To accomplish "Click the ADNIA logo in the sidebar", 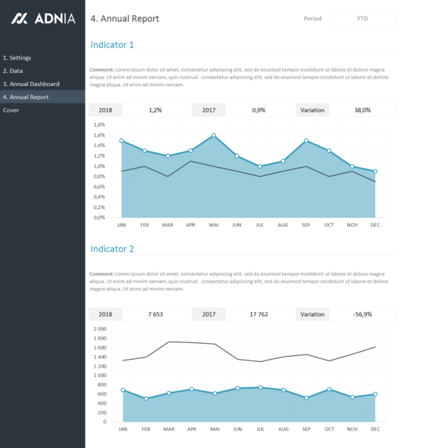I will (43, 18).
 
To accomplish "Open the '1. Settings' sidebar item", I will (17, 58).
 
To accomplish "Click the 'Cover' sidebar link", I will (11, 110).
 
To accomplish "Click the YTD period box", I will (362, 18).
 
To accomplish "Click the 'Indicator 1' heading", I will (112, 45).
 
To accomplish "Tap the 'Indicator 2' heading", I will (112, 249).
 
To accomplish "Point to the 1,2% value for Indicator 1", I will (156, 110).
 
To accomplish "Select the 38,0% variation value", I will (362, 110).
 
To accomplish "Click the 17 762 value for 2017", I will (258, 314).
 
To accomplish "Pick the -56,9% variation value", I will (362, 314).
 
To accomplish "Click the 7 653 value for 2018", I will (156, 314).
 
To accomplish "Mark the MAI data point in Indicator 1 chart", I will (213, 135).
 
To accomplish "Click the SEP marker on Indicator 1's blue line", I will (306, 140).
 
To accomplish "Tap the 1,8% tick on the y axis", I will (99, 124).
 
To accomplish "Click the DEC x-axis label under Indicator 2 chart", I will (375, 429).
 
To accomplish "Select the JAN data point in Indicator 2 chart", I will (122, 390).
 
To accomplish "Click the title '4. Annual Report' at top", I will (125, 19).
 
